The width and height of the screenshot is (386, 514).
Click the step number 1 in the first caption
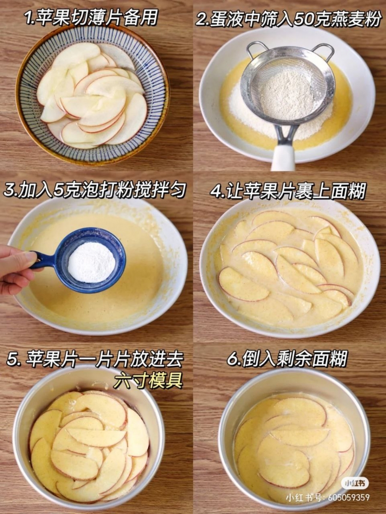[x=29, y=18]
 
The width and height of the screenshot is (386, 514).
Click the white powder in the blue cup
[x=92, y=262]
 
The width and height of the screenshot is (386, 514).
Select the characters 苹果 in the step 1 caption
[x=54, y=18]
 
